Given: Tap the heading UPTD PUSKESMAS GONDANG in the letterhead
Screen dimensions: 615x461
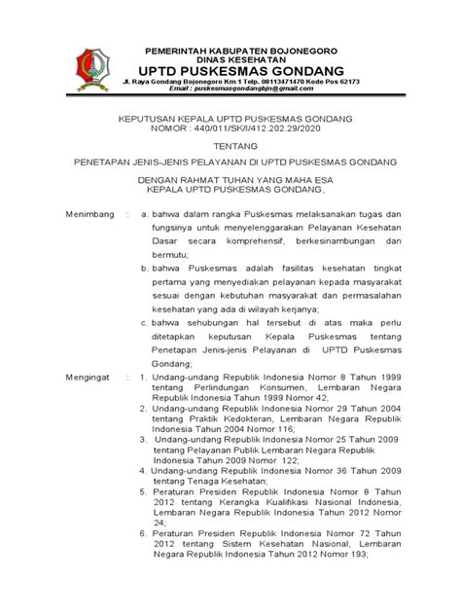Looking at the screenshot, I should [230, 72].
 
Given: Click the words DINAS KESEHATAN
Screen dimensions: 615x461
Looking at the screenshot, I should [230, 59].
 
